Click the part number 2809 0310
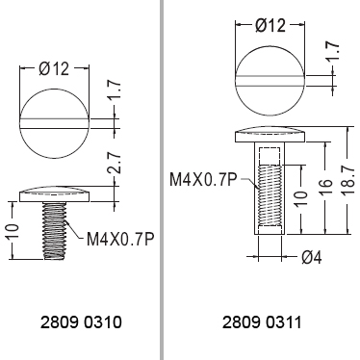coord(81,322)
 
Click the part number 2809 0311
coord(262,322)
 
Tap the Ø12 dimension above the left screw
coord(54,68)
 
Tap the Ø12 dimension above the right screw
coord(270,25)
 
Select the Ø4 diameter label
coord(311,257)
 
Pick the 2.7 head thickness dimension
coord(115,164)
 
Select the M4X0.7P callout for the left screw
coord(119,239)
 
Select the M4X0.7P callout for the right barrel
coord(203,180)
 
